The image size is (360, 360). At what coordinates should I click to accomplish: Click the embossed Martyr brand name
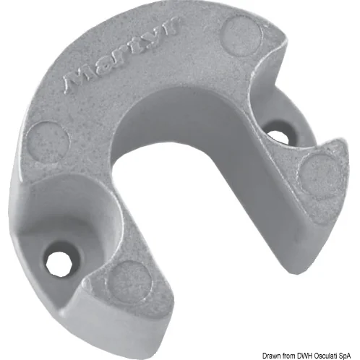coord(121,56)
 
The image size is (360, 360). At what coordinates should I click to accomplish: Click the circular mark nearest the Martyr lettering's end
coord(241,35)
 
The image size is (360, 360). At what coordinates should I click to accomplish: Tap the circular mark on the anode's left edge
coord(48,142)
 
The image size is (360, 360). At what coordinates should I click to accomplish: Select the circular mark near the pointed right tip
coord(321,176)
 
